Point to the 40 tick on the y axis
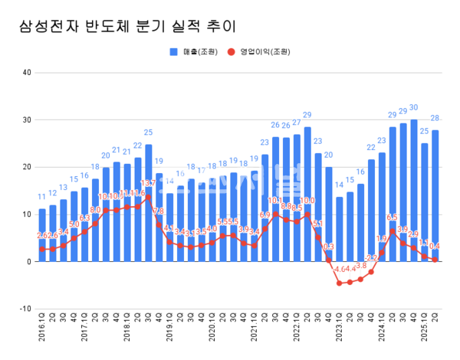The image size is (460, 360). (26, 73)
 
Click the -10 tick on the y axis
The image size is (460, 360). (25, 309)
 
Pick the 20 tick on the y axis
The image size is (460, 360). (26, 167)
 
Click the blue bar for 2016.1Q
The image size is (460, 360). (42, 234)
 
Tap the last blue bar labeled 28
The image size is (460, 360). (435, 195)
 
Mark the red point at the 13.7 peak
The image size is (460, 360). (148, 197)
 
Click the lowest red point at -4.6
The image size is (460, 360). (340, 283)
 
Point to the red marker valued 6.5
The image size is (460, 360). (393, 231)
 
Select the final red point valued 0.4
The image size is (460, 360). (435, 260)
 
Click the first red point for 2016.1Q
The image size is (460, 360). (42, 249)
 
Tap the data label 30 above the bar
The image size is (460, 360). (414, 108)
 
